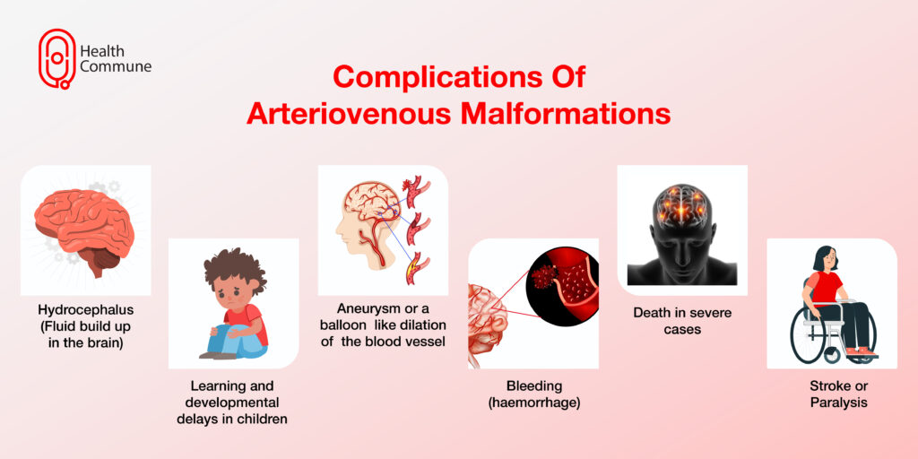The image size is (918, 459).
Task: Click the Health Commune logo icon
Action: tap(56, 58)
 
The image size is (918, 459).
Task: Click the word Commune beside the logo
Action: tap(116, 66)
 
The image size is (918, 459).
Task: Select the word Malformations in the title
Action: tap(566, 114)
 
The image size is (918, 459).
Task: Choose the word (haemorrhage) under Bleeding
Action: tap(534, 403)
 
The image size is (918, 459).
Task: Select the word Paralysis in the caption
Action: tap(839, 403)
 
